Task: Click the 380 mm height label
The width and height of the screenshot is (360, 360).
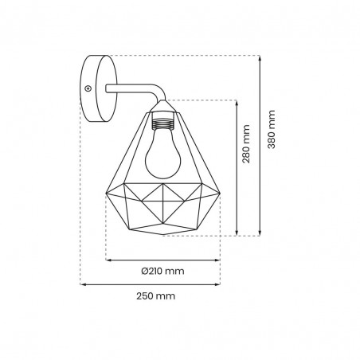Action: pos(272,129)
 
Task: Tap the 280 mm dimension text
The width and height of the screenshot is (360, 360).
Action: pos(246,144)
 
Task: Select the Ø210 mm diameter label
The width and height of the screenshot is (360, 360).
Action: pos(162,271)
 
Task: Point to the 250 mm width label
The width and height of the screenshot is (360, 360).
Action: pos(156,295)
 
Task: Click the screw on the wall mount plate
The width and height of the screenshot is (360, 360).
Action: pos(88,88)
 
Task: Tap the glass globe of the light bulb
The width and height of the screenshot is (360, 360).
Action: pos(162,158)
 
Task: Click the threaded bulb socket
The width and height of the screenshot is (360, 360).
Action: pos(162,123)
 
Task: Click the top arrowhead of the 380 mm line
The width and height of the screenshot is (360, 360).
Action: pos(260,58)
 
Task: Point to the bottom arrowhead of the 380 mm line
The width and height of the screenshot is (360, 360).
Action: pos(260,233)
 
